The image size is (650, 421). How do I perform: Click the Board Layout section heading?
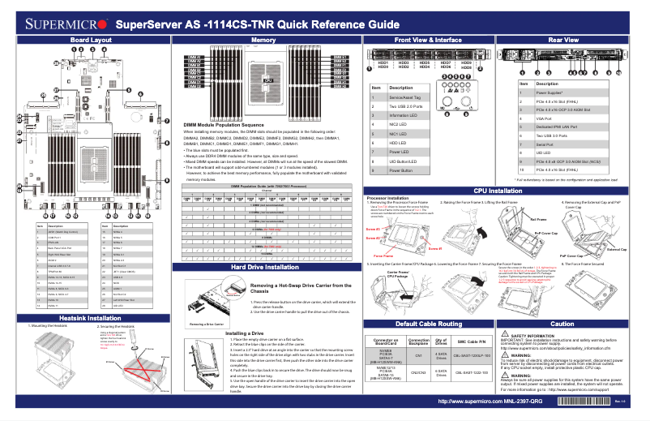pyautogui.click(x=90, y=40)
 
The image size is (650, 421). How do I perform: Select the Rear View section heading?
pyautogui.click(x=563, y=40)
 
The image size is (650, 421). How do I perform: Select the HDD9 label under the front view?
pyautogui.click(x=467, y=62)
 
